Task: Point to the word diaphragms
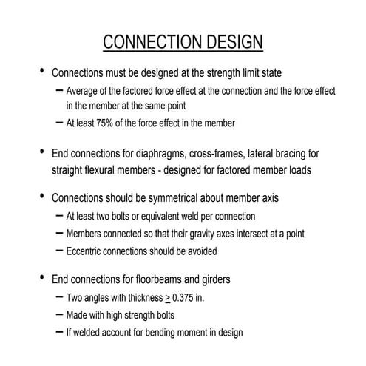pos(166,154)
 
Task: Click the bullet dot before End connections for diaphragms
pos(41,153)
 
